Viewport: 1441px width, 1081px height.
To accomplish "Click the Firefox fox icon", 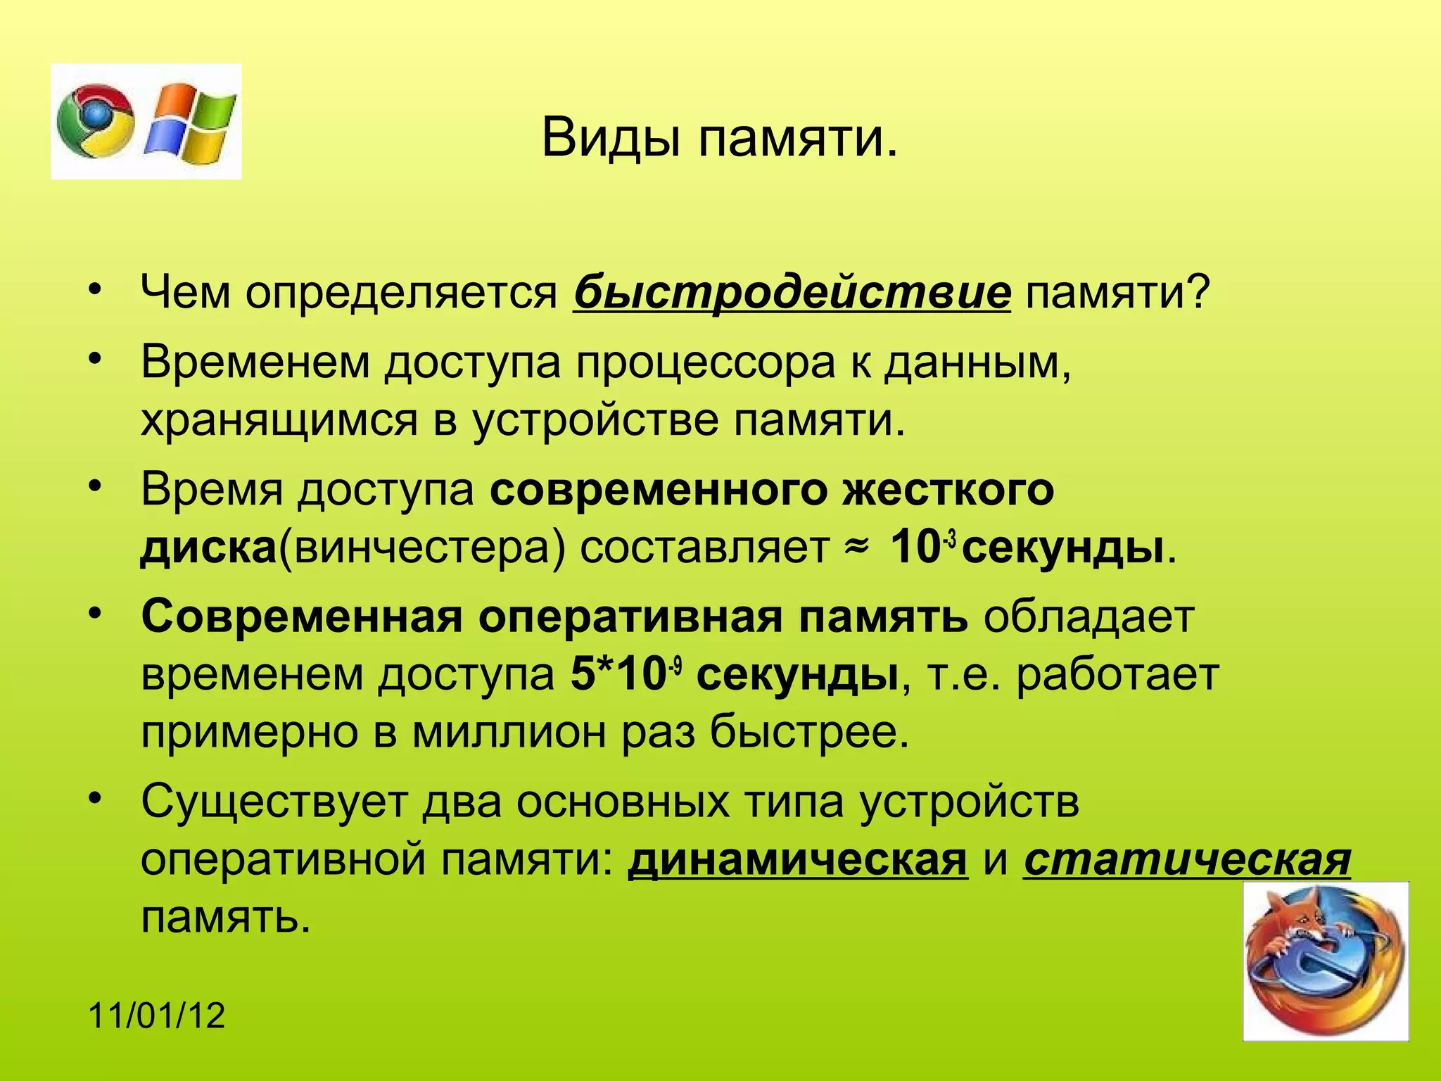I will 1325,961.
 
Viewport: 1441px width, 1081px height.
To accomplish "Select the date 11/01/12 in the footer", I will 157,1016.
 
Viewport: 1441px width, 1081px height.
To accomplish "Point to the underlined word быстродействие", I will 792,292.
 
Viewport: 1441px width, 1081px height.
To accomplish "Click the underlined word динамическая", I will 797,859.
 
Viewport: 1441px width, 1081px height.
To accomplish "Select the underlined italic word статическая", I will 1187,859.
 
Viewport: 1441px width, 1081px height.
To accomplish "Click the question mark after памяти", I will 1196,292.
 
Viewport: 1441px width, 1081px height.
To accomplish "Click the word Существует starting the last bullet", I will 274,802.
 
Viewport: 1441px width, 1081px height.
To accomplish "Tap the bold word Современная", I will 301,617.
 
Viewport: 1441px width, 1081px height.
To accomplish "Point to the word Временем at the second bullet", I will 255,363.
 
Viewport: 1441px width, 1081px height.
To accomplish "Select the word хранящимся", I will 279,421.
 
